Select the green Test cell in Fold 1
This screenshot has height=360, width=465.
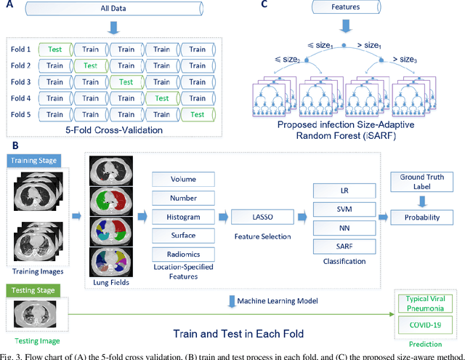pyautogui.click(x=55, y=49)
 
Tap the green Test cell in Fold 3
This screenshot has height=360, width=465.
pyautogui.click(x=126, y=82)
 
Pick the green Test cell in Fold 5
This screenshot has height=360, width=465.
pyautogui.click(x=197, y=114)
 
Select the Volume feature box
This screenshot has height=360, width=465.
pyautogui.click(x=178, y=178)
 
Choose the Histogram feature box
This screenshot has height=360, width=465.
pyautogui.click(x=178, y=217)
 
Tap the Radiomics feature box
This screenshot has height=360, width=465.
pyautogui.click(x=178, y=254)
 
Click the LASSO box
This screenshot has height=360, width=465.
pyautogui.click(x=256, y=216)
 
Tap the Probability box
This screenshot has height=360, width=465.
pyautogui.click(x=423, y=216)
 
